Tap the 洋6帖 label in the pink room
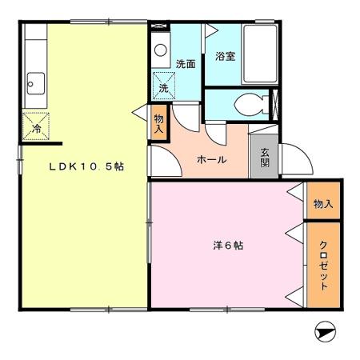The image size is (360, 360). tap(228, 246)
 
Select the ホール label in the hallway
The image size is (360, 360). tap(211, 159)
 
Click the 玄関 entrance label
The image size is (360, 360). tap(264, 157)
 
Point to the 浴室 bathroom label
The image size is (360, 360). tap(225, 57)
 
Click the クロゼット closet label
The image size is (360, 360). tap(323, 265)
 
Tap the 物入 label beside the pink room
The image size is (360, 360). tap(322, 205)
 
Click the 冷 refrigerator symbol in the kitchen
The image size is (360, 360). tap(36, 127)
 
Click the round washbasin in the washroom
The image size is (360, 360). tap(161, 50)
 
